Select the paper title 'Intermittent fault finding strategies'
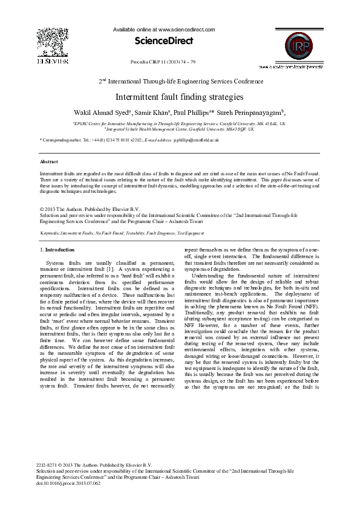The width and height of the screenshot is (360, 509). click(x=180, y=97)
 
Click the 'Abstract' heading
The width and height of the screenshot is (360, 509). click(x=49, y=162)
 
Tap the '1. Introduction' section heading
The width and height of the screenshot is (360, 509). click(x=57, y=250)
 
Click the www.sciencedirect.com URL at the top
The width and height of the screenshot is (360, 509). click(x=186, y=29)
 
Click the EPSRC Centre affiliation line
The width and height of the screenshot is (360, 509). click(x=180, y=123)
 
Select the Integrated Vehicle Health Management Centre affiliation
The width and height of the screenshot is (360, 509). click(x=180, y=129)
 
